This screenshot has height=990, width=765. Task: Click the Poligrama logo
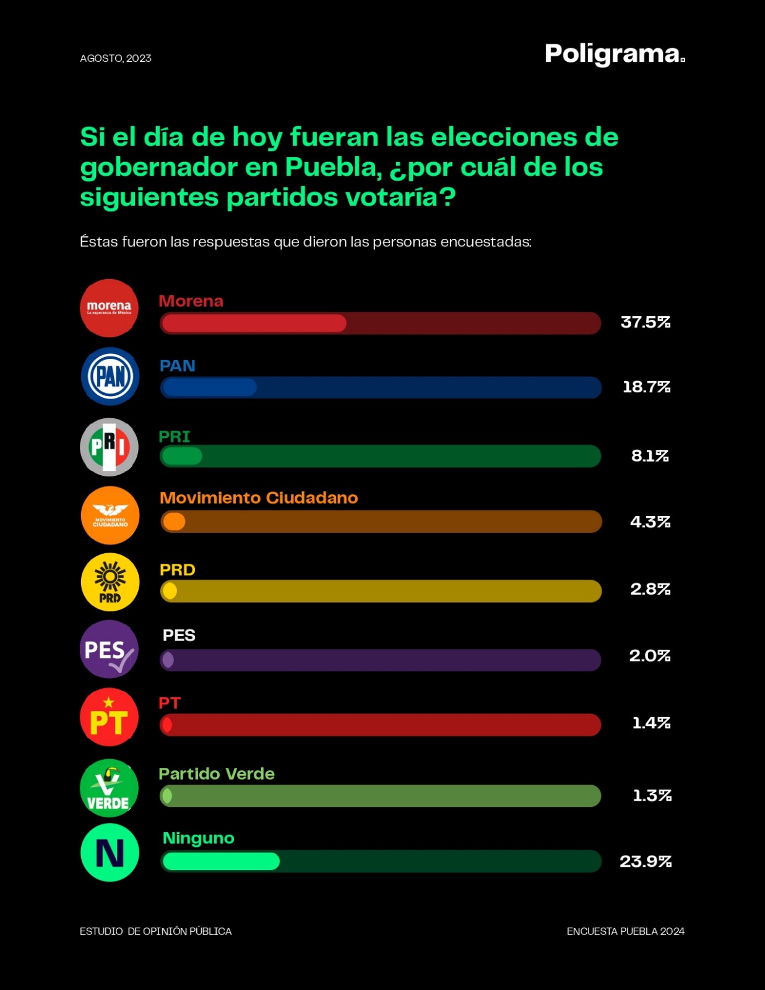point(614,54)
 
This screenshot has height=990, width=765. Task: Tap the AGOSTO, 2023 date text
point(116,58)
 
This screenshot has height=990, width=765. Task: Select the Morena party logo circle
point(110,308)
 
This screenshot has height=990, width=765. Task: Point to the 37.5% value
point(646,322)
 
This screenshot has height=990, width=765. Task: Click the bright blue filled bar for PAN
point(209,387)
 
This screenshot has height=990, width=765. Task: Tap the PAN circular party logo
point(110,376)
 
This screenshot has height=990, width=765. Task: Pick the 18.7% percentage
point(646,387)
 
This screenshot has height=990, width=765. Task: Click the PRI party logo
point(110,447)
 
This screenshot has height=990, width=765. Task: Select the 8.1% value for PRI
point(650,456)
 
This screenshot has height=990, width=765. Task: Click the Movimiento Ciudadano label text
point(259,498)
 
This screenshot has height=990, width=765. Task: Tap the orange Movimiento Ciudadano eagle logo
point(110,515)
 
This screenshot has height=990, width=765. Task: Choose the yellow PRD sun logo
point(110,582)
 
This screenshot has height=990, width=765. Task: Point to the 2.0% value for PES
point(650,656)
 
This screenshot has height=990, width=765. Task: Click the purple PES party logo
point(110,650)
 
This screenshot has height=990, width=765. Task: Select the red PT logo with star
point(110,717)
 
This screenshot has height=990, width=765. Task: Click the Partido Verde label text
point(217,774)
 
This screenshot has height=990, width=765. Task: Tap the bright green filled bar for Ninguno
point(220,861)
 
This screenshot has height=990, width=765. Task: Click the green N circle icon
point(110,853)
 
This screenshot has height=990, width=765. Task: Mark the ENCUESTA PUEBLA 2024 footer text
point(625,931)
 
